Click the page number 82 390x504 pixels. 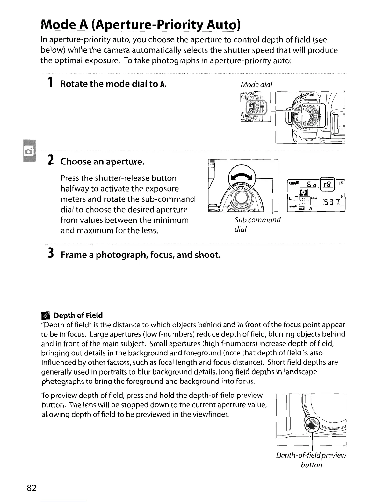coord(32,488)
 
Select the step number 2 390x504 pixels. coord(50,160)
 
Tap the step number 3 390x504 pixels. coord(50,254)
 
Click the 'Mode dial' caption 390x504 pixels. coord(256,85)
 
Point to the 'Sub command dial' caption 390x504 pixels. coord(257,224)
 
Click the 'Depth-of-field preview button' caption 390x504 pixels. coord(311,460)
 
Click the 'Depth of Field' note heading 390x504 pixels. coord(78,315)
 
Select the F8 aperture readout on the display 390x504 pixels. coord(328,185)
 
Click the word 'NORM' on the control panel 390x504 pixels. coord(292,206)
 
